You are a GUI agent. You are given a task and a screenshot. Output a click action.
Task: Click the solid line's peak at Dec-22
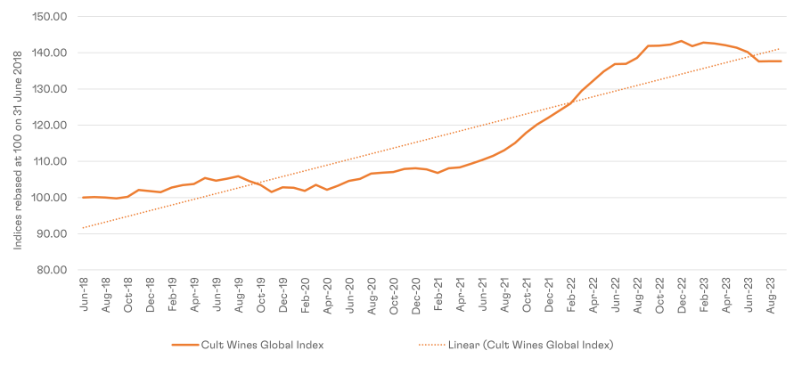tap(681, 41)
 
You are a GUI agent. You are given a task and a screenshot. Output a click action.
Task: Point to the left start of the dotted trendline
tap(83, 228)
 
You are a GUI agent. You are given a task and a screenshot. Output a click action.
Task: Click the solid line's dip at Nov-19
tap(272, 192)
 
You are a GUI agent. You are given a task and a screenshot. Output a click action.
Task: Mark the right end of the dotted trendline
tap(781, 49)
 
